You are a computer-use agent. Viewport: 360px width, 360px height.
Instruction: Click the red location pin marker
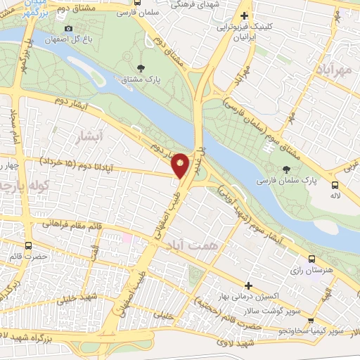(181, 164)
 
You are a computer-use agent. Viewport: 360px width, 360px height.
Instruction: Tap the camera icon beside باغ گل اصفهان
(68, 29)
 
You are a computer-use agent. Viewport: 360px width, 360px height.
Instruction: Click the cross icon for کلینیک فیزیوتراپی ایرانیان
(244, 16)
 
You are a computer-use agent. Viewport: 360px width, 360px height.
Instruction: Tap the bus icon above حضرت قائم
(28, 246)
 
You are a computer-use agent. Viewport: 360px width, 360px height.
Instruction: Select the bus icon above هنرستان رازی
(311, 258)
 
